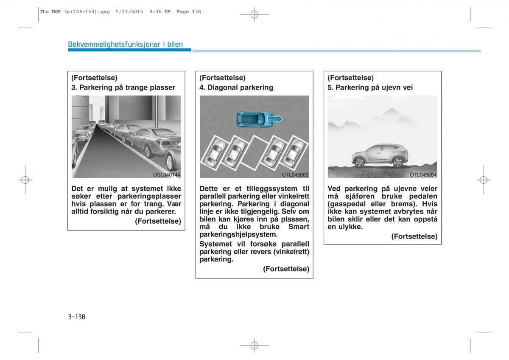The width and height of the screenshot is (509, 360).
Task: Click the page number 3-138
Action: (x=76, y=317)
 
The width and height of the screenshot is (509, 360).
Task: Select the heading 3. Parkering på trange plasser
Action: (x=123, y=87)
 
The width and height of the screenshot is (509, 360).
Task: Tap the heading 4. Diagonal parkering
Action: (x=236, y=87)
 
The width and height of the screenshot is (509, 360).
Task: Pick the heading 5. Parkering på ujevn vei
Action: (x=370, y=87)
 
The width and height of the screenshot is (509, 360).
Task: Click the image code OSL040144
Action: (x=167, y=174)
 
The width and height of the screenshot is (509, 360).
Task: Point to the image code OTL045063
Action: (x=295, y=174)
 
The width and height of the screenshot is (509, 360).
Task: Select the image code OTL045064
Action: (x=423, y=174)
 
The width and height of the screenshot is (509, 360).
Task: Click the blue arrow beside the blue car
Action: (x=275, y=119)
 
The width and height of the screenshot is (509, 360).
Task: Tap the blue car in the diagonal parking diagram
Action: (x=251, y=119)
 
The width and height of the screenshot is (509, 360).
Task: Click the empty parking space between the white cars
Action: (x=254, y=151)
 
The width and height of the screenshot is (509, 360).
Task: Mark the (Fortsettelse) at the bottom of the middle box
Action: (x=286, y=269)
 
